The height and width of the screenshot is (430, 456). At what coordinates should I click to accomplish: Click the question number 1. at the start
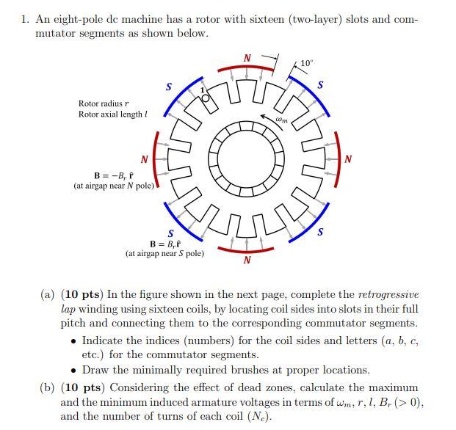[26, 19]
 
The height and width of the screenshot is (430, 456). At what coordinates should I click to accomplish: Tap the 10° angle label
[306, 63]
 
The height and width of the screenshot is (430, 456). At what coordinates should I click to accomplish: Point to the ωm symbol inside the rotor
[281, 118]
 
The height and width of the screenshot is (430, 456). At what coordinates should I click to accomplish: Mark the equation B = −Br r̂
[117, 175]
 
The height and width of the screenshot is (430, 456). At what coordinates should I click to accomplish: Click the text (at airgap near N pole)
[115, 186]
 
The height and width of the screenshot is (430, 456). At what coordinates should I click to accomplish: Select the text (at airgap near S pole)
[164, 254]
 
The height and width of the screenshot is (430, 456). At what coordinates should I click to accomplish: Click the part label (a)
[48, 294]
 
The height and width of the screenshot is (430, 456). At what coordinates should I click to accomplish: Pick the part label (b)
[48, 387]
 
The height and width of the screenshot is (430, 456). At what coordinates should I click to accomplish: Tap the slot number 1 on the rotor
[203, 90]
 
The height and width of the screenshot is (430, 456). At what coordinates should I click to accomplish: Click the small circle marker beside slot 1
[206, 98]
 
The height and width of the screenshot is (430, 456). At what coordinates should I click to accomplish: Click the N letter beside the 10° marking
[247, 58]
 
